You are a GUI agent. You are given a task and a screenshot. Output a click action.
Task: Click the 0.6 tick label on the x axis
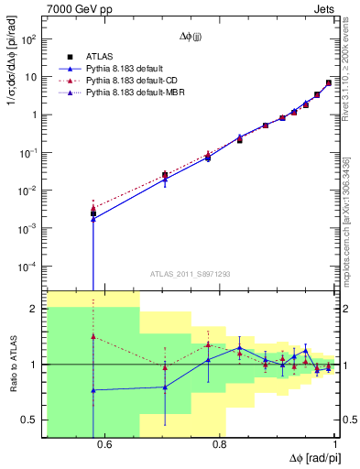click(x=104, y=445)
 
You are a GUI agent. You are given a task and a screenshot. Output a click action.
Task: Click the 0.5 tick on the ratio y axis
click(x=31, y=420)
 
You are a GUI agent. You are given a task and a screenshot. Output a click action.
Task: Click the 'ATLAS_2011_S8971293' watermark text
click(x=190, y=273)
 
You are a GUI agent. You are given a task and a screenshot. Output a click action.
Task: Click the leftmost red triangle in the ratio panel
click(x=93, y=337)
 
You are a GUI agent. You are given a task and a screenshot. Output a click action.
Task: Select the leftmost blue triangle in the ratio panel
click(x=93, y=390)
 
